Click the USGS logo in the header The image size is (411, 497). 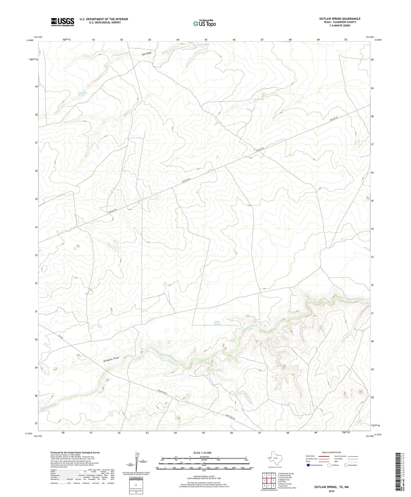pyautogui.click(x=62, y=22)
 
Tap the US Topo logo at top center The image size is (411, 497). pyautogui.click(x=204, y=24)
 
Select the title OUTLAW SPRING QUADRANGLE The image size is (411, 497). pyautogui.click(x=340, y=19)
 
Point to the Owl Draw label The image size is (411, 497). pyautogui.click(x=147, y=53)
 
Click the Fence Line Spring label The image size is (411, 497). pyautogui.click(x=81, y=94)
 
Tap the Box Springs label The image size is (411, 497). pyautogui.click(x=259, y=99)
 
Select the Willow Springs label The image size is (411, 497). pyautogui.click(x=217, y=323)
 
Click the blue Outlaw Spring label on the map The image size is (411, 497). pyautogui.click(x=202, y=44)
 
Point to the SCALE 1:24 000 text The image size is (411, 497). pyautogui.click(x=202, y=453)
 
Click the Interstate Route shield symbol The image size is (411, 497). pyautogui.click(x=308, y=465)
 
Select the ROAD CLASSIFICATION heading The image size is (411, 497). pyautogui.click(x=332, y=452)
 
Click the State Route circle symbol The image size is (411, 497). pyautogui.click(x=346, y=465)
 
